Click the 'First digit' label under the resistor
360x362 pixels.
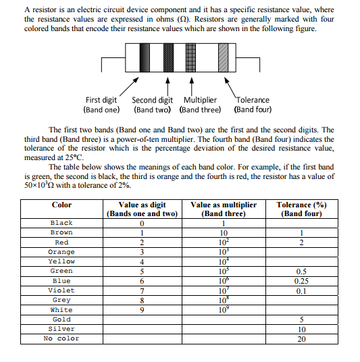[101, 100]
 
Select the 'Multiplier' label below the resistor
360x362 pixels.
[200, 100]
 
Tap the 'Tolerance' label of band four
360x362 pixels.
[253, 100]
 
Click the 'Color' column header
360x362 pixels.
[61, 205]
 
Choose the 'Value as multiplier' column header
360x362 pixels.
[224, 205]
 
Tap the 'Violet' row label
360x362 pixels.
[61, 290]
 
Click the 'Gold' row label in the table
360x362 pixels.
[61, 319]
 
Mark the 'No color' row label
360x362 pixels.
[61, 338]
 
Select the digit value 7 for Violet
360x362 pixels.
[142, 290]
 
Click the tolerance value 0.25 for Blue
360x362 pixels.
[301, 281]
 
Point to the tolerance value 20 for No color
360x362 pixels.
[301, 338]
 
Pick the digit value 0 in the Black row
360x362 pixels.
[142, 223]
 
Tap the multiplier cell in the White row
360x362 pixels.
[223, 309]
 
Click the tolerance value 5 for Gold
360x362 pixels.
[301, 319]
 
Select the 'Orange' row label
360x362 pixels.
[61, 252]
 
